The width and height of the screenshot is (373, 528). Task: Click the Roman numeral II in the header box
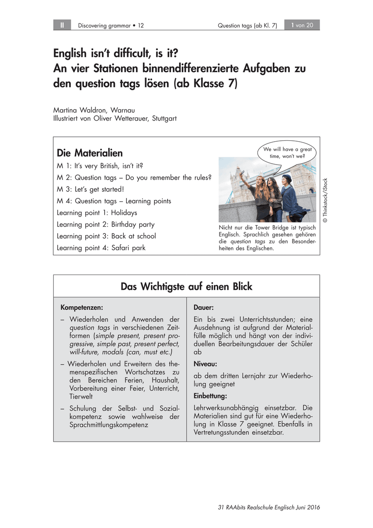(62, 25)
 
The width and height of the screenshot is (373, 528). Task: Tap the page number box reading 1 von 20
(302, 25)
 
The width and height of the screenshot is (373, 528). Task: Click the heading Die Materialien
(90, 153)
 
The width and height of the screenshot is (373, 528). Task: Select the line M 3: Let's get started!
(91, 189)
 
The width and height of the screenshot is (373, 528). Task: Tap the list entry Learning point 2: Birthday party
(106, 224)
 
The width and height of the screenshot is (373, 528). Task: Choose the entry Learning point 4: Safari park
(101, 248)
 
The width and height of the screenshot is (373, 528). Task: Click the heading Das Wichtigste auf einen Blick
(186, 286)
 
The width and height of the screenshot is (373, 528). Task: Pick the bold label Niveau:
(205, 364)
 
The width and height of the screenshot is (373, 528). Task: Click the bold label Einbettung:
(210, 396)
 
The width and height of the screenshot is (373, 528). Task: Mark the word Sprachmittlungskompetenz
(109, 425)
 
